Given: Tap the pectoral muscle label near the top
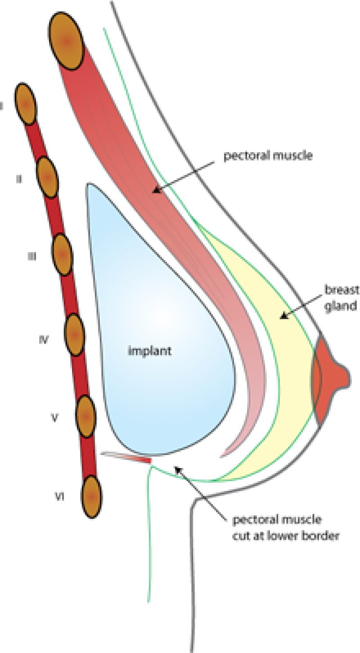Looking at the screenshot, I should [x=269, y=157].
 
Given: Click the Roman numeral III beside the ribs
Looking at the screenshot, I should [x=31, y=256].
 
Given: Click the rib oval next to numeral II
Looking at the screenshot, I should [x=47, y=178].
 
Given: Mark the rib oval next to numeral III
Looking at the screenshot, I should [x=62, y=255].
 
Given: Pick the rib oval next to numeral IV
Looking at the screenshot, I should [x=75, y=335].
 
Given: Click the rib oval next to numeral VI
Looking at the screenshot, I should [x=92, y=497].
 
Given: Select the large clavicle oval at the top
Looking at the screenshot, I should [x=66, y=41].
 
